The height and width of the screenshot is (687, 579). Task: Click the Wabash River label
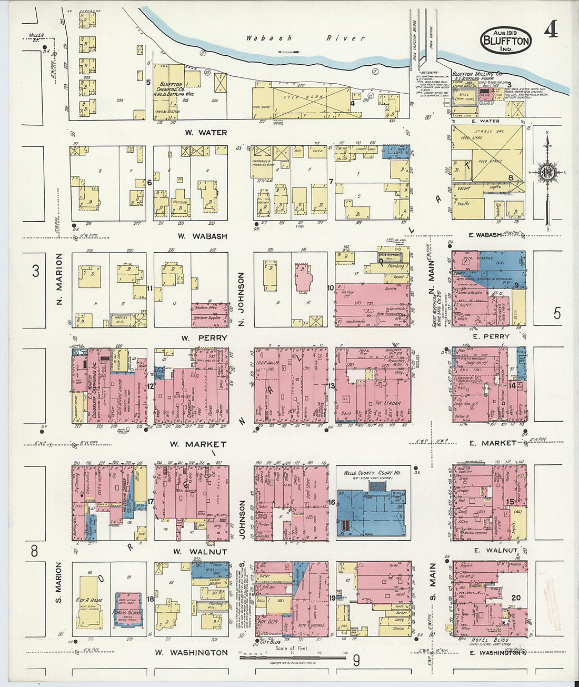[305, 38]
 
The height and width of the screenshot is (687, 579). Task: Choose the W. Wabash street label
[202, 236]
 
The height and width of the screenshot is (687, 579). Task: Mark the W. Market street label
[197, 444]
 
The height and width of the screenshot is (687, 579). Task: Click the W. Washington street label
[191, 652]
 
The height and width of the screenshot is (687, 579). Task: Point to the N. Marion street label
[59, 279]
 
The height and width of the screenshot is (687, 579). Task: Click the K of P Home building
[89, 600]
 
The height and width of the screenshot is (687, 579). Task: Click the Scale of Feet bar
[292, 658]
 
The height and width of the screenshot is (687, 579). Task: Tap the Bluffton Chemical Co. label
[172, 89]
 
